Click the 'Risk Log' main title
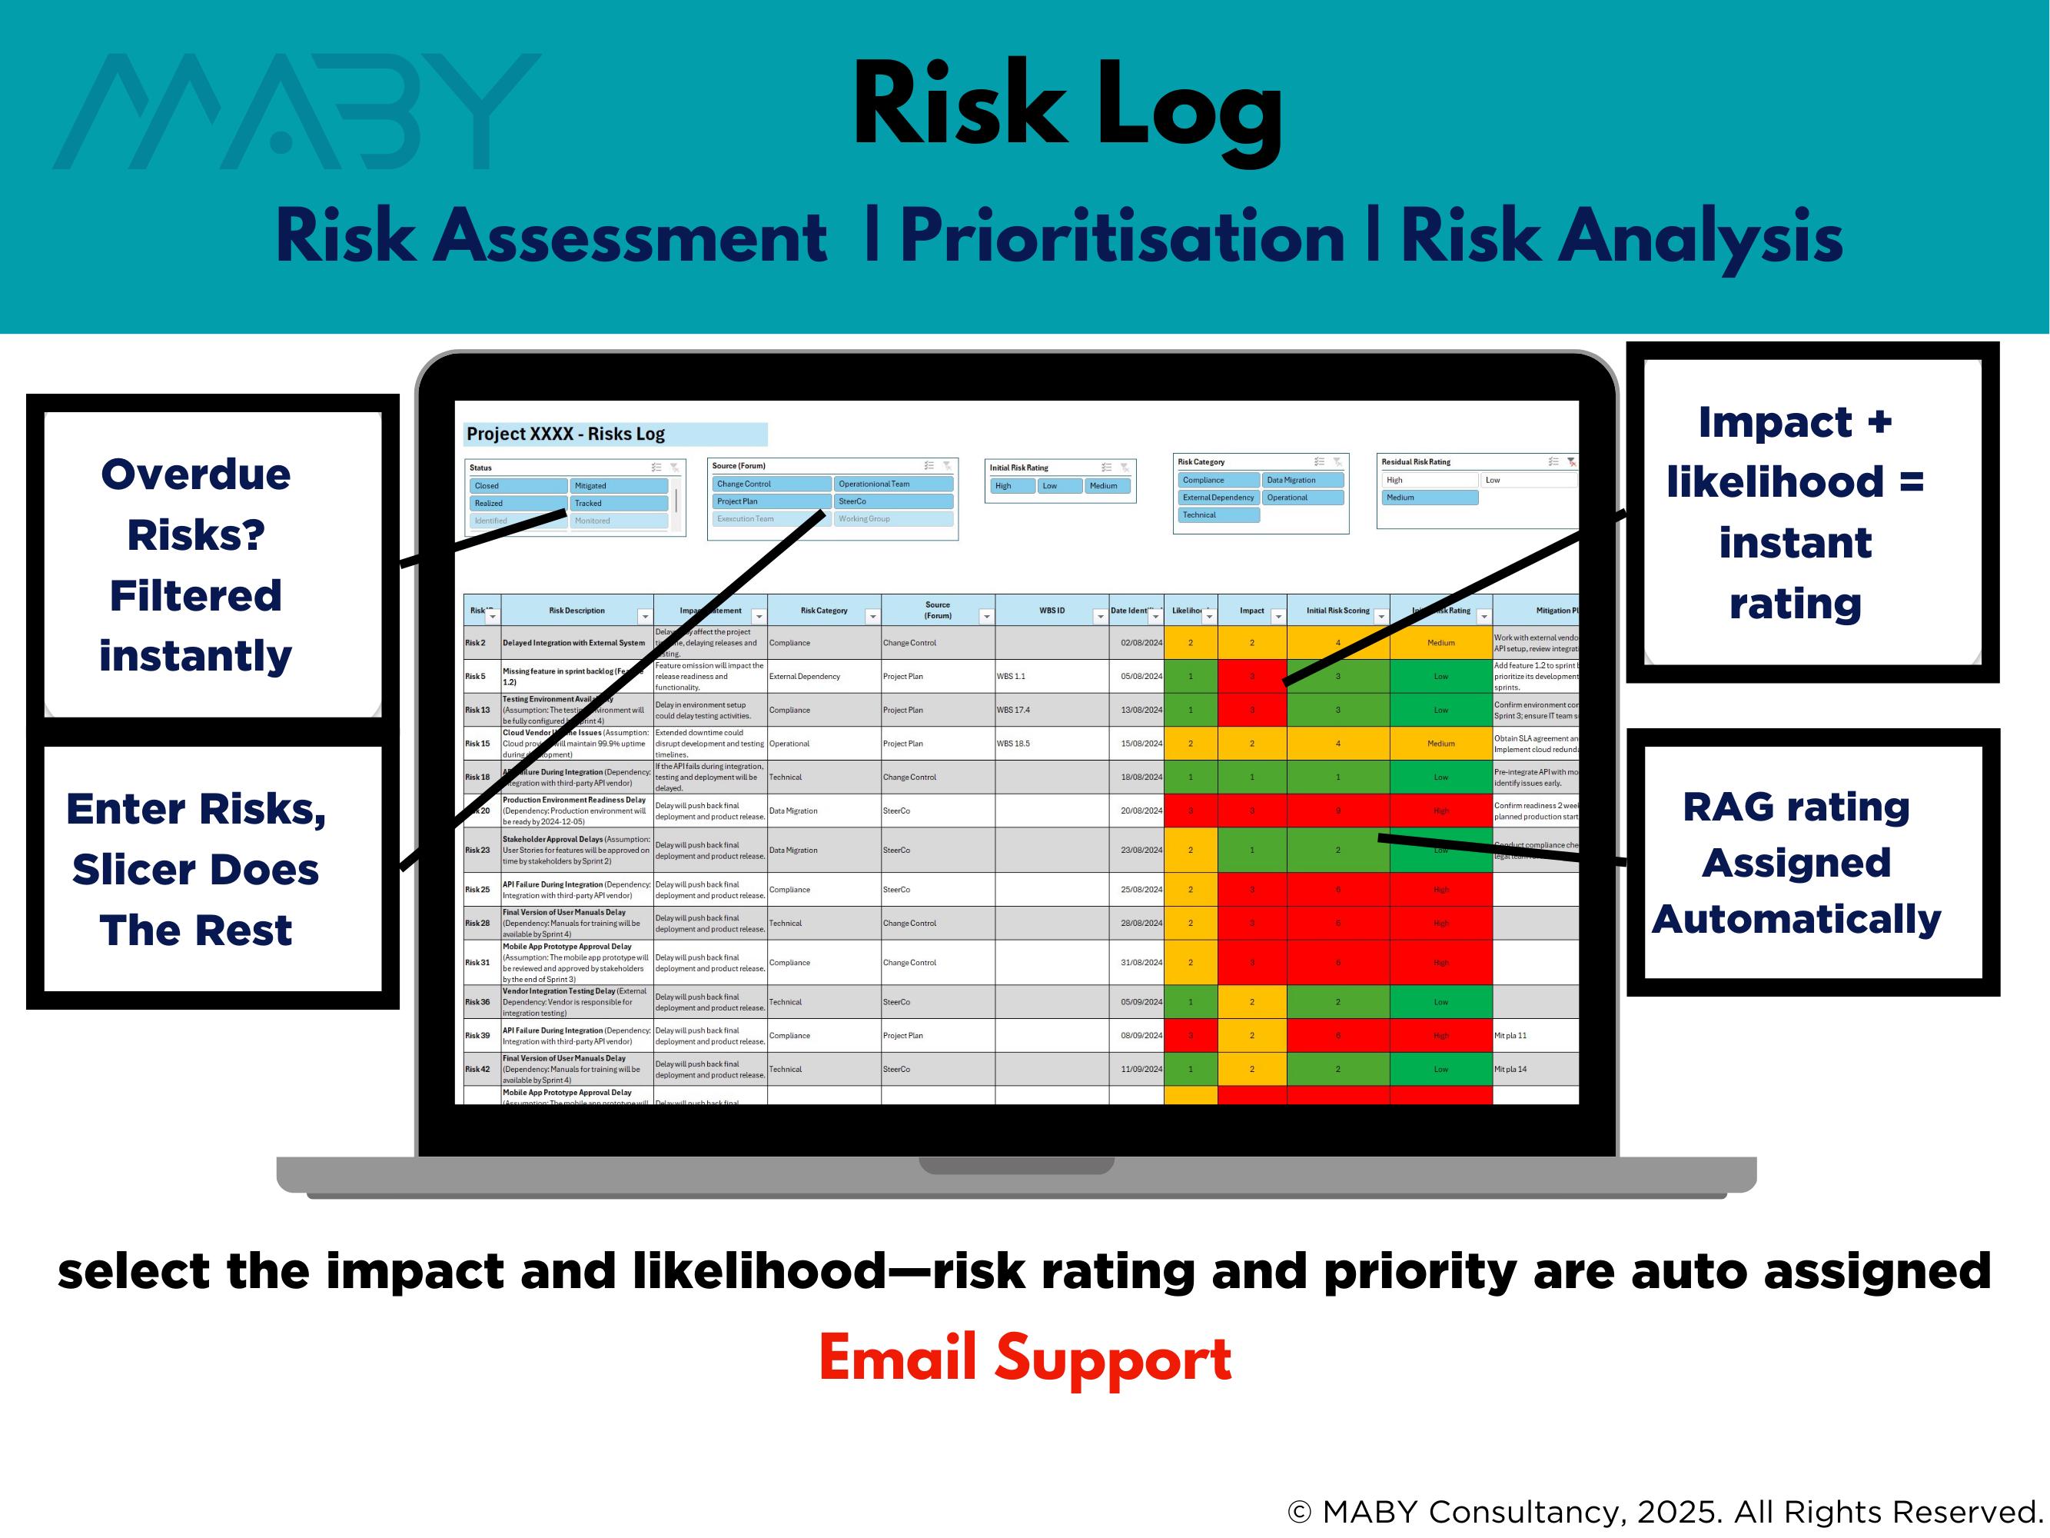click(1066, 107)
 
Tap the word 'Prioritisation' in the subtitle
click(1121, 236)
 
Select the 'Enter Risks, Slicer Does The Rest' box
click(195, 869)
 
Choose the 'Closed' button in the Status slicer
click(517, 486)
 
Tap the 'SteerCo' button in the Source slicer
click(892, 501)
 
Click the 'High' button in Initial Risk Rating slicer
click(1011, 486)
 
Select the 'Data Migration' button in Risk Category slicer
click(1302, 480)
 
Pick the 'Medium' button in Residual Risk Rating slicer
click(1428, 498)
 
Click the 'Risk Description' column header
click(576, 610)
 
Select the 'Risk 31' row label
click(477, 962)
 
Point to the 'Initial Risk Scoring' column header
click(1337, 610)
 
